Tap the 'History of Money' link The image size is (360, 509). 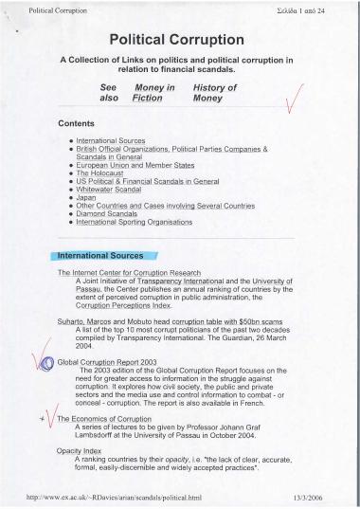point(215,92)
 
